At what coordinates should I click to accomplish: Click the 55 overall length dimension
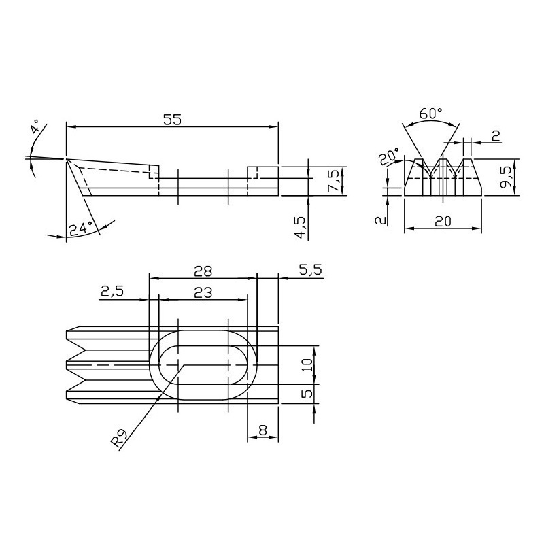coord(172,120)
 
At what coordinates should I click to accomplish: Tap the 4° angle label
coord(36,127)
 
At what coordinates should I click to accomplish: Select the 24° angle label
coord(80,229)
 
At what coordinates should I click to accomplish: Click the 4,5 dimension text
coord(300,227)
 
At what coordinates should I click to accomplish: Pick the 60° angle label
coord(430,113)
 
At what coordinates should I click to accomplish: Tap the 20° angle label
coord(388,156)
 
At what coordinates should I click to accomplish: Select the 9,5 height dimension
coord(505,177)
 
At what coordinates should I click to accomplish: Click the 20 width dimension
coord(443,221)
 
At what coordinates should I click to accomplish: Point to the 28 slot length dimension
coord(203,271)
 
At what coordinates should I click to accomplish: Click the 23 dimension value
coord(203,293)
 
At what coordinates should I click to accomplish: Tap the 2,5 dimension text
coord(112,292)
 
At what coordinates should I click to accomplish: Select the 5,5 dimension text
coord(311,269)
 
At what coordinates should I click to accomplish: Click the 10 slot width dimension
coord(307,365)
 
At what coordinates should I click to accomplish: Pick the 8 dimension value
coord(262,430)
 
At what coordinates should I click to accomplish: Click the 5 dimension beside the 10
coord(307,394)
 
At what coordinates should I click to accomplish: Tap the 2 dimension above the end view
coord(496,135)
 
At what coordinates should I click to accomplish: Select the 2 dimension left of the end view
coord(381,220)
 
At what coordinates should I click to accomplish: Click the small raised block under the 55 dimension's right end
coord(262,173)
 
